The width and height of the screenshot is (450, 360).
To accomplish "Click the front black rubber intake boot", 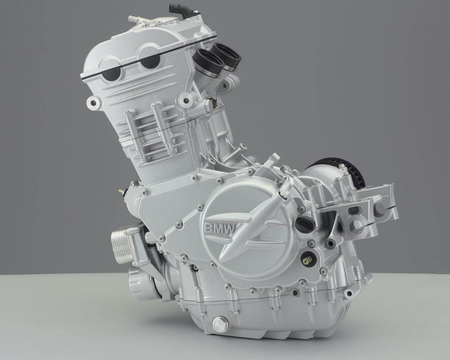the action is point(207,61).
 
